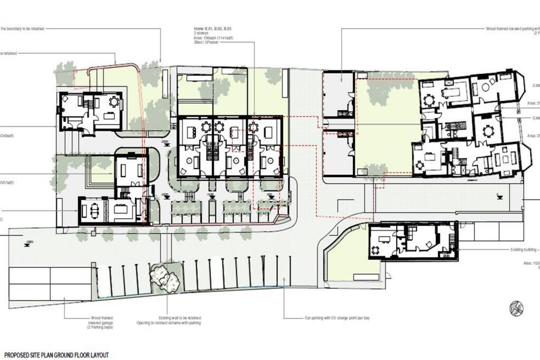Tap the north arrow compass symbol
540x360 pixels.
(x=517, y=307)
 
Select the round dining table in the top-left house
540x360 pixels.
(x=113, y=102)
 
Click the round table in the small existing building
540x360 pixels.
(x=375, y=250)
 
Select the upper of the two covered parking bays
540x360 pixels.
(x=337, y=95)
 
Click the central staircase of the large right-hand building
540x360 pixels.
(x=453, y=128)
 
